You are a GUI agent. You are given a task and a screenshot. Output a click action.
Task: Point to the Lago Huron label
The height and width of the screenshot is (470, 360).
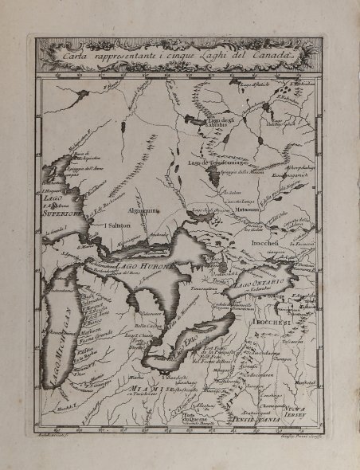143,265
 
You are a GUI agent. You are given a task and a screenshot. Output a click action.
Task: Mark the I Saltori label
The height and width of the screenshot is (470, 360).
117,225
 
